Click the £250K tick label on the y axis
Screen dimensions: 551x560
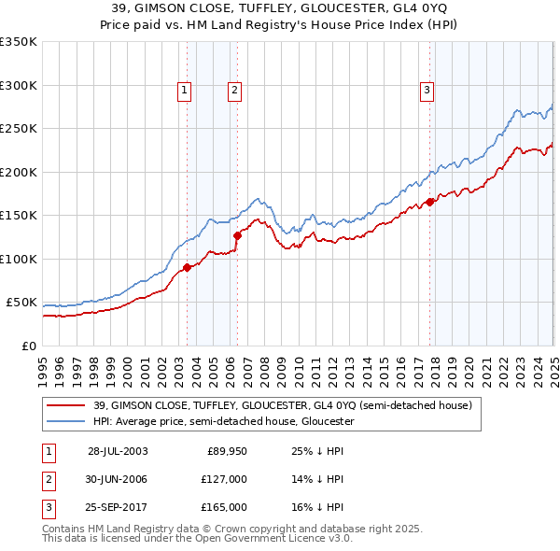pyautogui.click(x=19, y=129)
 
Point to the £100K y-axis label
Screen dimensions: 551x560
pyautogui.click(x=19, y=259)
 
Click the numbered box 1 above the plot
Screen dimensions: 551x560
pyautogui.click(x=185, y=91)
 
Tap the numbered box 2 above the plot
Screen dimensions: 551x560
pyautogui.click(x=233, y=91)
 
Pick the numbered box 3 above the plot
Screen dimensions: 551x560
pyautogui.click(x=427, y=91)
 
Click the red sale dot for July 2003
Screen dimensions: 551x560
pyautogui.click(x=188, y=267)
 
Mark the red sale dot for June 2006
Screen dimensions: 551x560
pyautogui.click(x=237, y=235)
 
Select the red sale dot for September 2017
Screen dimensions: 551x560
pyautogui.click(x=429, y=202)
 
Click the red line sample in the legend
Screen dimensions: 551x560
pyautogui.click(x=66, y=405)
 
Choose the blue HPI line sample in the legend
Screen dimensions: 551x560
pyautogui.click(x=66, y=421)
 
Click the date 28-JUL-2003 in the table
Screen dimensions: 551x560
pyautogui.click(x=118, y=450)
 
